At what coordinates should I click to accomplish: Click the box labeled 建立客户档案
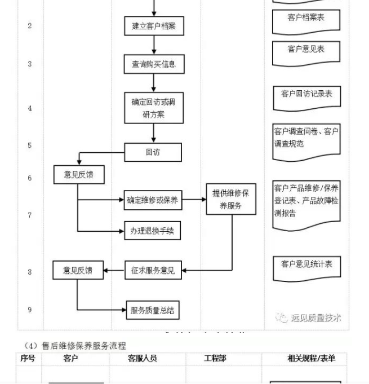point(154,26)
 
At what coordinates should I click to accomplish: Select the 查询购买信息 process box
point(154,64)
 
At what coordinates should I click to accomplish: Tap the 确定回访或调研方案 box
point(153,108)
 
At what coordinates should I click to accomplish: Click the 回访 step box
point(153,152)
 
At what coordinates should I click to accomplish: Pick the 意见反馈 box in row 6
point(79,175)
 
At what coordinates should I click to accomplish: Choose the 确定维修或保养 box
point(153,200)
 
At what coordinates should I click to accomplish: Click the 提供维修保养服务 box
point(230,200)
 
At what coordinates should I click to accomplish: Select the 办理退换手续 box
point(153,230)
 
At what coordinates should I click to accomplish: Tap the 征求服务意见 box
point(153,271)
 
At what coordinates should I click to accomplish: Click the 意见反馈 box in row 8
point(78,270)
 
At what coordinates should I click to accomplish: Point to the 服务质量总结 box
point(153,310)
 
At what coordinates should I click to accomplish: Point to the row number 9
point(30,310)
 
